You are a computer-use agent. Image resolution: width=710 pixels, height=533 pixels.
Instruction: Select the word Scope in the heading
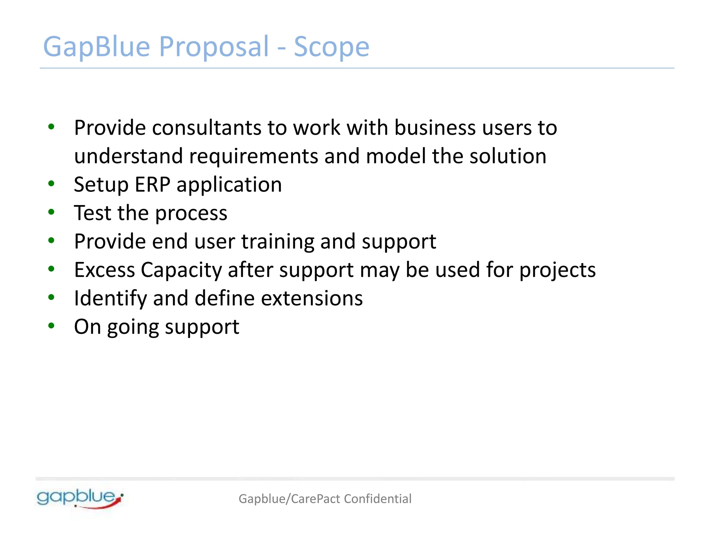click(x=331, y=47)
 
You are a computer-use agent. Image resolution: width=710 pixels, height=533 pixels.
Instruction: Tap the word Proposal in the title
click(x=214, y=47)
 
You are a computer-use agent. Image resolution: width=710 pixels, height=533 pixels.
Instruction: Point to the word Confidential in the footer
click(x=378, y=499)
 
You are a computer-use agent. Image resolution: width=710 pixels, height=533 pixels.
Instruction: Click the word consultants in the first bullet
click(x=207, y=128)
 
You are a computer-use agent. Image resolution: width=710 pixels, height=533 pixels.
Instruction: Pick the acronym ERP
click(x=152, y=184)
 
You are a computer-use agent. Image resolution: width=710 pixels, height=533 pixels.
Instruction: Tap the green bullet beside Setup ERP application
click(x=51, y=183)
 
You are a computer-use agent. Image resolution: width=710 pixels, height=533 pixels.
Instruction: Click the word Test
click(x=93, y=213)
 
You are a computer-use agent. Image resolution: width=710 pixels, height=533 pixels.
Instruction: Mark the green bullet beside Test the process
click(x=51, y=212)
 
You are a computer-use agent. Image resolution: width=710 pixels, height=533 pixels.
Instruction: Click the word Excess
click(x=104, y=270)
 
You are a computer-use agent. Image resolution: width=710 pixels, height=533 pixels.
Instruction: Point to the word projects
click(x=557, y=270)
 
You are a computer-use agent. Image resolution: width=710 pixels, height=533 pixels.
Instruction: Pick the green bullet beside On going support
click(x=51, y=325)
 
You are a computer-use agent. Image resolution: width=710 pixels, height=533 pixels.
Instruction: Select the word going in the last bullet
click(x=132, y=327)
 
